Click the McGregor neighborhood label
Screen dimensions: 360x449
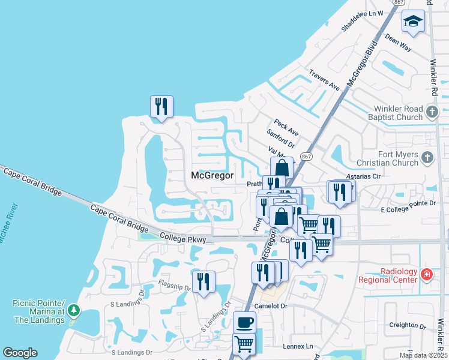[211, 176]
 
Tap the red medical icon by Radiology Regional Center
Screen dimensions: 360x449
[426, 275]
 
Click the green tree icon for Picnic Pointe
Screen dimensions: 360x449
[74, 310]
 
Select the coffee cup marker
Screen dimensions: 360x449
[244, 323]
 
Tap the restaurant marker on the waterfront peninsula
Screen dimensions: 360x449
[161, 107]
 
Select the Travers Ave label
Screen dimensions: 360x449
[324, 80]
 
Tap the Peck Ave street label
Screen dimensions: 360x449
[286, 127]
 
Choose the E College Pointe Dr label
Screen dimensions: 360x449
[408, 205]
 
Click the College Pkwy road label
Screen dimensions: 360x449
[183, 238]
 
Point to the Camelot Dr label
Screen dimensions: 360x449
[271, 306]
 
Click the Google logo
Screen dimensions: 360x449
[20, 353]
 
